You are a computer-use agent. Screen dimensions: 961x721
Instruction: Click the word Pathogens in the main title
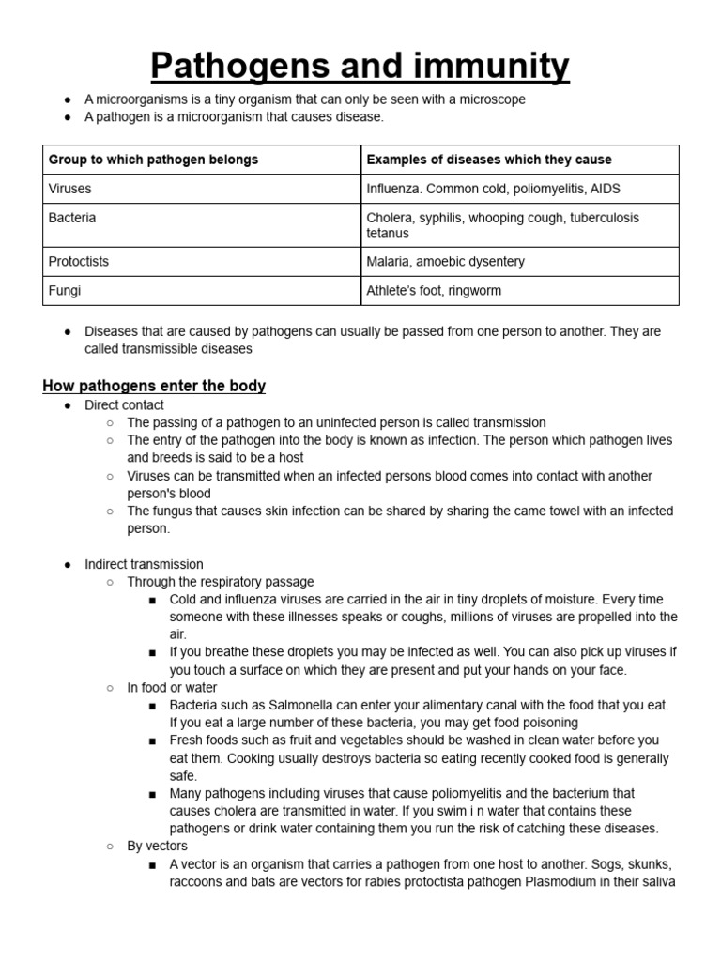237,67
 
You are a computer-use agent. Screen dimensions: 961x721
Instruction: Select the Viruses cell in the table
70,189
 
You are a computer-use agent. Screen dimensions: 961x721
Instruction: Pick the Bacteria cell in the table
72,218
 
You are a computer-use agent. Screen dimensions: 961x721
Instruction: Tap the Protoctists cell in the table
79,262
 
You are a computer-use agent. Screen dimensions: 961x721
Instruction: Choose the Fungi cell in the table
65,291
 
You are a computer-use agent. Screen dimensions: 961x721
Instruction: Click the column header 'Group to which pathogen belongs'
153,160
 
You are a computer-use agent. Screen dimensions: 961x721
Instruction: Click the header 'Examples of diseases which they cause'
489,160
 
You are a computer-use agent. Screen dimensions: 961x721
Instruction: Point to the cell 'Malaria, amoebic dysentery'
446,262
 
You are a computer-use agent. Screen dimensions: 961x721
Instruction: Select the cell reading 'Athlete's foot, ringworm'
434,291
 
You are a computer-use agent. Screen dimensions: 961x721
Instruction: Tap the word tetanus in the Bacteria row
388,233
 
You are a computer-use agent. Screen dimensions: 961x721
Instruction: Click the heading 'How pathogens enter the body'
154,386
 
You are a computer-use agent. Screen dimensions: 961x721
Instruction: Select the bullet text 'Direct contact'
124,405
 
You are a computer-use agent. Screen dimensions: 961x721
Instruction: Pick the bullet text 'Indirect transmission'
144,565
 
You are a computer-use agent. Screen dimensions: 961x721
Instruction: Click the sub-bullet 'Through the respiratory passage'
221,583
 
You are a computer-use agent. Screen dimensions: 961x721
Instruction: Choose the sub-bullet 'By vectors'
158,847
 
